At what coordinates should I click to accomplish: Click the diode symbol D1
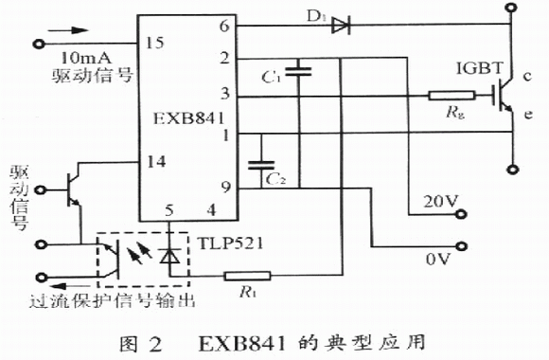(342, 26)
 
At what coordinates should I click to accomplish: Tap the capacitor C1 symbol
(298, 71)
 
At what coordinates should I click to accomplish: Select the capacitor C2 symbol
(261, 166)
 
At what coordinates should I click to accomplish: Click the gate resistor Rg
(452, 96)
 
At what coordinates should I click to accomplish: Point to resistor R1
(247, 276)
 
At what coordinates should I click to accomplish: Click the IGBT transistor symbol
(502, 96)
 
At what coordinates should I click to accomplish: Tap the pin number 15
(154, 43)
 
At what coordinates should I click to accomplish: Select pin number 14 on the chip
(156, 162)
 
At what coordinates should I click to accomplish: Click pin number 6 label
(224, 26)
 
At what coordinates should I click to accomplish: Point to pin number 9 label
(226, 188)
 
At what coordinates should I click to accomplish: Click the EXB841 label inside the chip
(188, 118)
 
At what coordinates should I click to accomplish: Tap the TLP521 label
(230, 243)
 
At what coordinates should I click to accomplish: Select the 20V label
(441, 202)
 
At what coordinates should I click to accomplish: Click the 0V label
(437, 259)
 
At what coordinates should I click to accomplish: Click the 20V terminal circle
(462, 214)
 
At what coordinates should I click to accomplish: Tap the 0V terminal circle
(462, 246)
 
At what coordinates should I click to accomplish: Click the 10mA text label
(86, 57)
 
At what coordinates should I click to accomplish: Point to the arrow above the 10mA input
(68, 30)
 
